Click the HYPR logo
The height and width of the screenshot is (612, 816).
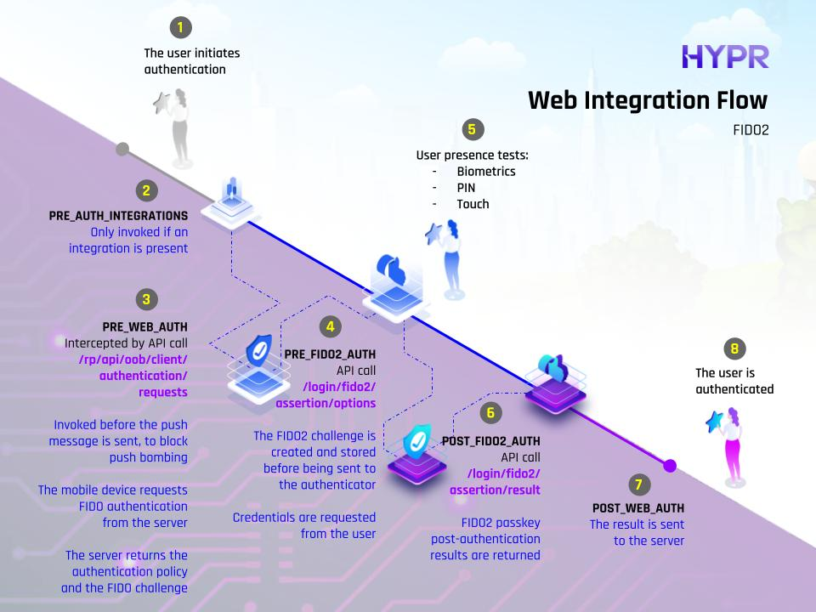pyautogui.click(x=725, y=57)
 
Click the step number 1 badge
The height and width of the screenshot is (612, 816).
pyautogui.click(x=179, y=27)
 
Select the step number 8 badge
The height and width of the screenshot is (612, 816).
pyautogui.click(x=734, y=348)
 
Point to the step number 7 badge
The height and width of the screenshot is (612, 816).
pyautogui.click(x=638, y=484)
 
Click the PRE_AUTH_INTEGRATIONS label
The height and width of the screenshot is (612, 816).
pyautogui.click(x=118, y=216)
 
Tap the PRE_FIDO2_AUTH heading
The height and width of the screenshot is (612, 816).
pyautogui.click(x=330, y=354)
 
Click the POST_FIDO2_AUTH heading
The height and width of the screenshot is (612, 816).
pyautogui.click(x=491, y=442)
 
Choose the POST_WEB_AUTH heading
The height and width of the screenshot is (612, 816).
pyautogui.click(x=638, y=508)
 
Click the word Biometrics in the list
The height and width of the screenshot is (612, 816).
pyautogui.click(x=486, y=172)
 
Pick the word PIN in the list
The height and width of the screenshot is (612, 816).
pyautogui.click(x=466, y=188)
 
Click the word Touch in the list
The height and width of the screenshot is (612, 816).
pyautogui.click(x=473, y=204)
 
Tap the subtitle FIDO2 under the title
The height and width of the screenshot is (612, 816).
pyautogui.click(x=750, y=132)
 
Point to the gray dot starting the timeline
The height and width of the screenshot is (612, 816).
pyautogui.click(x=122, y=150)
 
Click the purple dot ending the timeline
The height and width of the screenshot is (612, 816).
pyautogui.click(x=670, y=465)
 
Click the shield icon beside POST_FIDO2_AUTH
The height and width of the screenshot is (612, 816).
pyautogui.click(x=416, y=441)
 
